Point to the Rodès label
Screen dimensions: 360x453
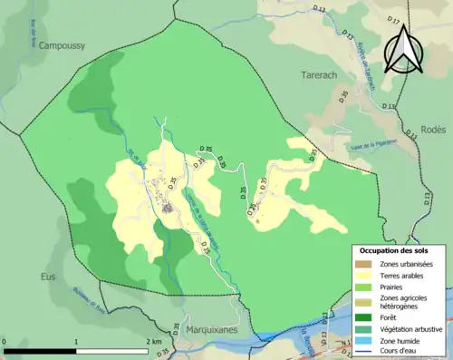433,130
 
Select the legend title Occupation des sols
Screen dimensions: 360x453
399,249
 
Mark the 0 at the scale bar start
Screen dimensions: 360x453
5,342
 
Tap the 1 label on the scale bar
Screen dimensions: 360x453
77,342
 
